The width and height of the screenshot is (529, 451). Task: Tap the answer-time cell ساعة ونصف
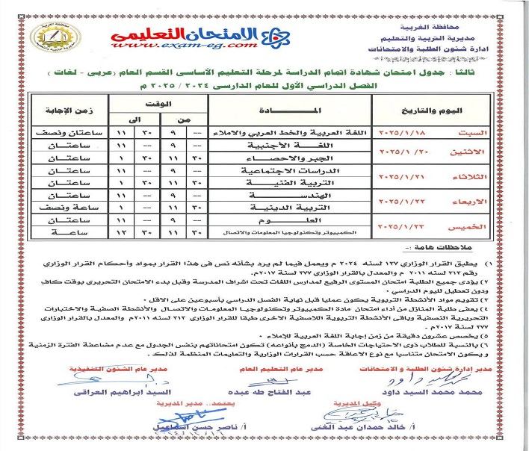[61, 202]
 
